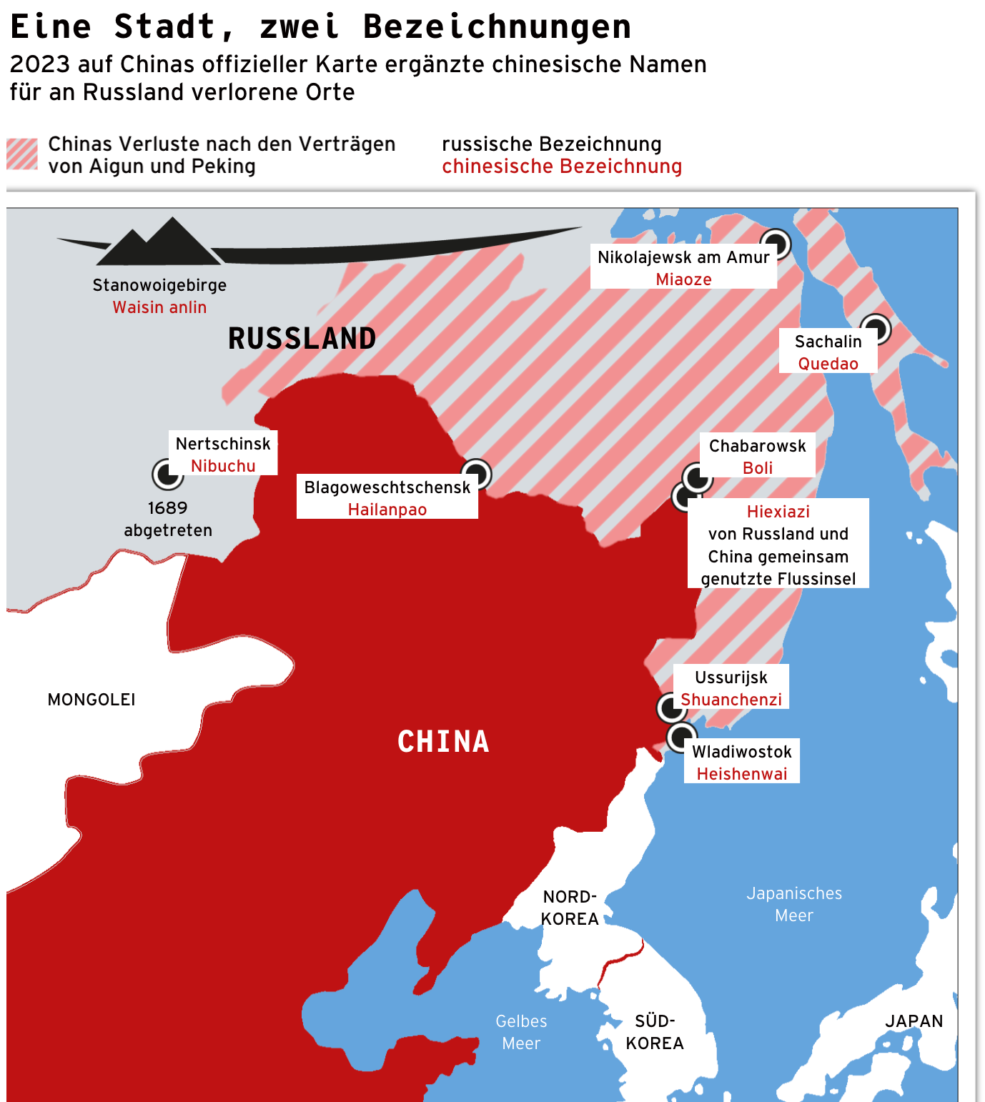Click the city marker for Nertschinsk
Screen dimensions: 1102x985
tap(167, 474)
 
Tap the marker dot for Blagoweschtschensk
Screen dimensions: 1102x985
tap(476, 474)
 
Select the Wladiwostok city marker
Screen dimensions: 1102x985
tap(681, 736)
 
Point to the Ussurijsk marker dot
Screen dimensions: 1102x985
tap(671, 708)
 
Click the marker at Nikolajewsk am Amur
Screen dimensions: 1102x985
tap(776, 244)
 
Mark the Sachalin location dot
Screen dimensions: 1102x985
tap(876, 329)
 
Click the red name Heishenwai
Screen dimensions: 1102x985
tap(741, 774)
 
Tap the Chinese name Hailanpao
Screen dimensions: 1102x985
tap(387, 510)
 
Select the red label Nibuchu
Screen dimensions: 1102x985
tap(223, 466)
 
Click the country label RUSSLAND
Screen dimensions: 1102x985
tap(302, 339)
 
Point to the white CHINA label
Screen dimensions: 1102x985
tap(443, 742)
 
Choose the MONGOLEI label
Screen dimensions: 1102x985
tap(91, 700)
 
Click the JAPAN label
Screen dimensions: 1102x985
tap(914, 1021)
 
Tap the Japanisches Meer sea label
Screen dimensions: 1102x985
tap(794, 904)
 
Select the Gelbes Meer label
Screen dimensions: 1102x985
tap(521, 1032)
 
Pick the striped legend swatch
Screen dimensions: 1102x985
tap(22, 154)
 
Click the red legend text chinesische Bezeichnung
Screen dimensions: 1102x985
tap(562, 167)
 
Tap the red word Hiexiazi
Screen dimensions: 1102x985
tap(778, 512)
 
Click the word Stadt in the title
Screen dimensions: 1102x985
tap(165, 26)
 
